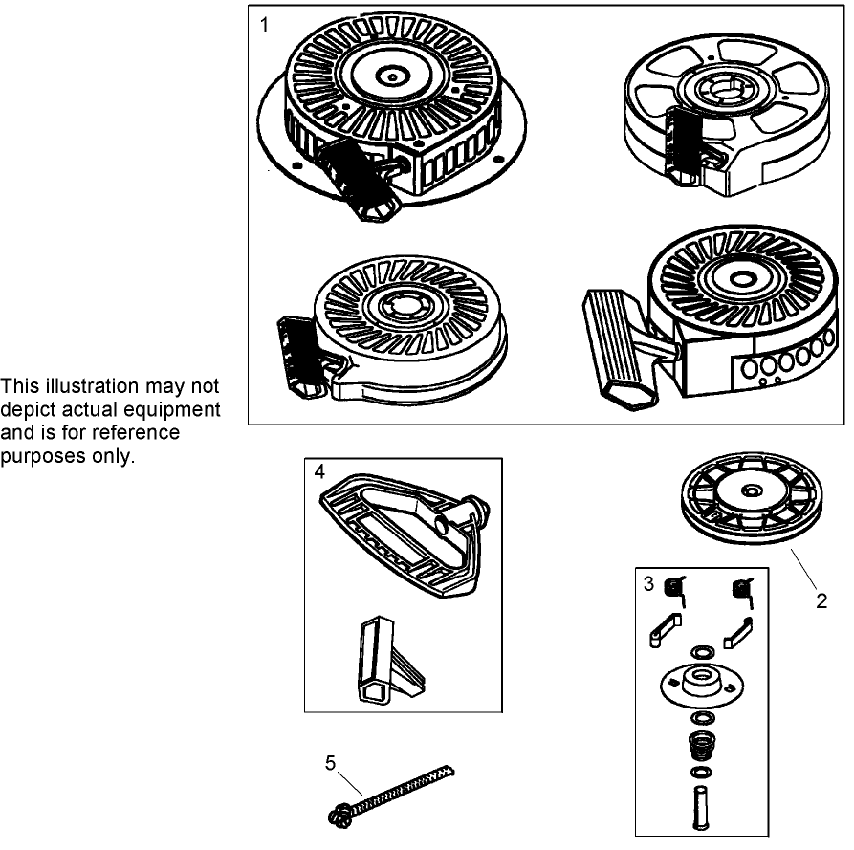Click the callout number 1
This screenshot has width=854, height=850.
coord(264,25)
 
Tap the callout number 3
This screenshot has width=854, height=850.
coord(648,584)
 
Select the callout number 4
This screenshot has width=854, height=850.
coord(319,471)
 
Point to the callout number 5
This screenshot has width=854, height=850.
coord(330,762)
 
